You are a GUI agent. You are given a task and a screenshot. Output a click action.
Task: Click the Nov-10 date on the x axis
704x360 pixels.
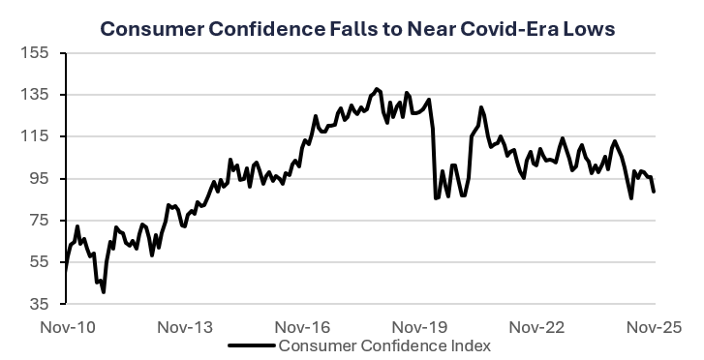coord(65,326)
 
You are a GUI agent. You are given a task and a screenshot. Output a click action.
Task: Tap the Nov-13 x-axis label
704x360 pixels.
coord(183,326)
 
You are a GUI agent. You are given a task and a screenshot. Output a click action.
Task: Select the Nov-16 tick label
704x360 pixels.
coord(301,326)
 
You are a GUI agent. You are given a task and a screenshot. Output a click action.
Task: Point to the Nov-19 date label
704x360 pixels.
coord(419,326)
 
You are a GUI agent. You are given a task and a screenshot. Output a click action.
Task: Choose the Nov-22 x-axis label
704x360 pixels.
coord(537,326)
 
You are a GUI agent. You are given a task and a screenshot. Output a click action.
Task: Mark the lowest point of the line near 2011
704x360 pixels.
coord(103,291)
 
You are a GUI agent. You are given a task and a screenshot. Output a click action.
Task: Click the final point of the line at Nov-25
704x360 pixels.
coord(655,192)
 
